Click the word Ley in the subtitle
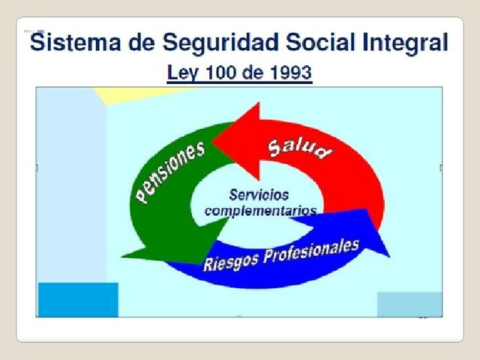(x=181, y=73)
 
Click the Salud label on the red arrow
(x=299, y=147)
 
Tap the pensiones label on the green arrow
(x=170, y=172)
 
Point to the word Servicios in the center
(x=259, y=194)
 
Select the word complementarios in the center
(x=261, y=211)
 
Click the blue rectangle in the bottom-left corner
(x=77, y=299)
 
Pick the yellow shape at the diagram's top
(x=135, y=94)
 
